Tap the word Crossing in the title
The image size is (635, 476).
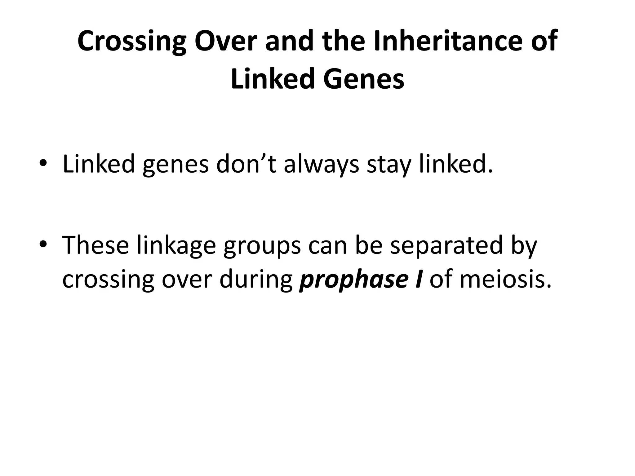[x=131, y=42]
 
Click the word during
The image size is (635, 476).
[x=256, y=280]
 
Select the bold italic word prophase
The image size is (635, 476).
[x=352, y=280]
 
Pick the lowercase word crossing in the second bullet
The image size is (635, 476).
[x=108, y=280]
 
